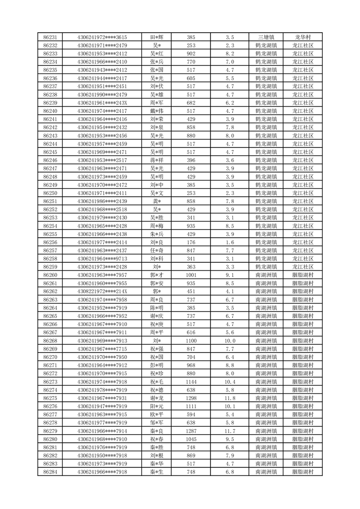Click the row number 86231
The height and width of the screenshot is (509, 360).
50,37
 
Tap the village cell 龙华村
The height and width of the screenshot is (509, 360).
302,37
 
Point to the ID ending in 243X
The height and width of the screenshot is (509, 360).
102,103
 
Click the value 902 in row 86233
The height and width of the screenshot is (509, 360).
191,54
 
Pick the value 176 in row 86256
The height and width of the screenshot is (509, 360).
191,242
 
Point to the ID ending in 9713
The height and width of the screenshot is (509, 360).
102,259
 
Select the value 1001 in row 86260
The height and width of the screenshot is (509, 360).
191,275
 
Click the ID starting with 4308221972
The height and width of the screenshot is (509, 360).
102,291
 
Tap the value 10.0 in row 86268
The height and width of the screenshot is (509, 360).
229,341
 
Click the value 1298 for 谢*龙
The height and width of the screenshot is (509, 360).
191,398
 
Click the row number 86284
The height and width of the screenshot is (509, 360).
50,472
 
